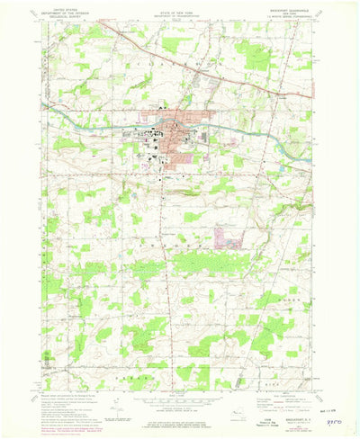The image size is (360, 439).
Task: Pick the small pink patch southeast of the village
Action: (227, 237)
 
